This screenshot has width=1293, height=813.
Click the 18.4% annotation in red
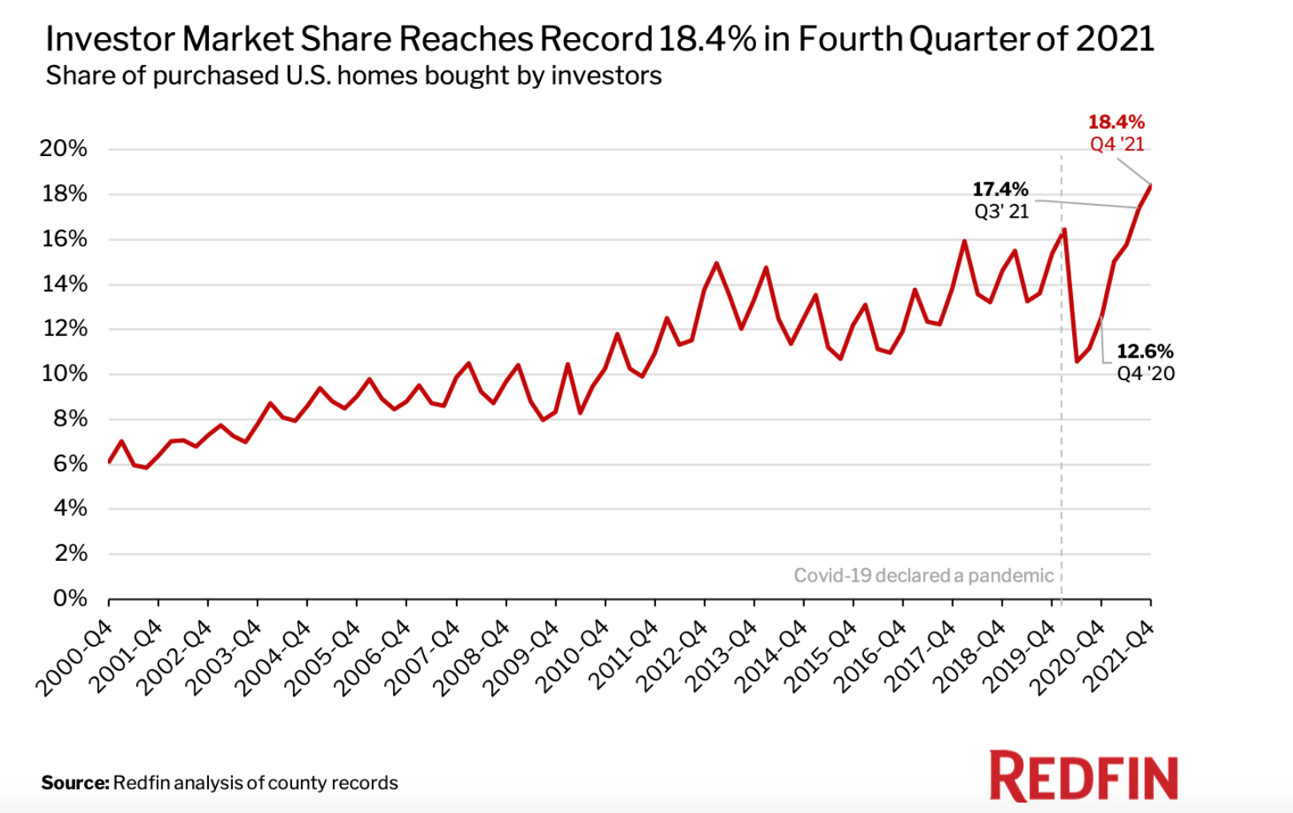click(x=1115, y=122)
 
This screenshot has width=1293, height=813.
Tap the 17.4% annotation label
click(x=1000, y=190)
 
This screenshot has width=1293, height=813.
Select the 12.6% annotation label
click(x=1145, y=351)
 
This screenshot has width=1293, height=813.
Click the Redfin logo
click(x=1083, y=776)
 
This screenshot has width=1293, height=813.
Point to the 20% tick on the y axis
click(x=63, y=148)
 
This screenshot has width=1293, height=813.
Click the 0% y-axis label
click(x=70, y=599)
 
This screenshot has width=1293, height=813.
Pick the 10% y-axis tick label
click(x=64, y=374)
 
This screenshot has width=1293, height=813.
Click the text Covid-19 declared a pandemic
click(x=923, y=575)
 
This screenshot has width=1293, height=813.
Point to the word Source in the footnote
click(x=74, y=783)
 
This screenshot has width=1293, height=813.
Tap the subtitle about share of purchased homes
click(x=354, y=75)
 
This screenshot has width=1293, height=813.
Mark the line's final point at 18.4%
click(x=1150, y=186)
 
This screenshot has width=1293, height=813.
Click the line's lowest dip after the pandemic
click(x=1077, y=361)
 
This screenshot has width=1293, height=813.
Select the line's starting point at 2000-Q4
click(x=109, y=463)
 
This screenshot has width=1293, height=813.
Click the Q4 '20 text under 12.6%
click(x=1146, y=374)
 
